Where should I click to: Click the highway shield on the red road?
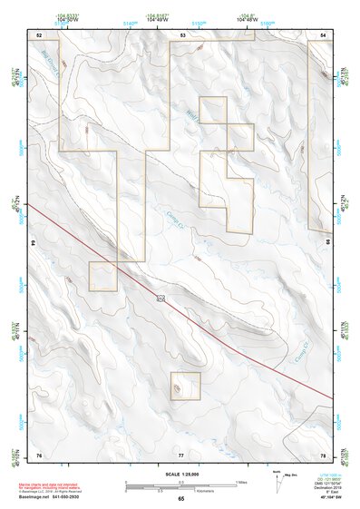[x=161, y=298]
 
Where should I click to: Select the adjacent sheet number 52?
[x=39, y=34]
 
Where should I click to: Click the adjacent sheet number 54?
[x=324, y=34]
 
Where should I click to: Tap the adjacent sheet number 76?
[x=39, y=454]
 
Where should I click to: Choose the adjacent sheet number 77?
[x=181, y=454]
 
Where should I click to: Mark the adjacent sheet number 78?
[x=324, y=454]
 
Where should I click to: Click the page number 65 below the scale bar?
[x=181, y=499]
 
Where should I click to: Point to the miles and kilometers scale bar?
[x=180, y=485]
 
